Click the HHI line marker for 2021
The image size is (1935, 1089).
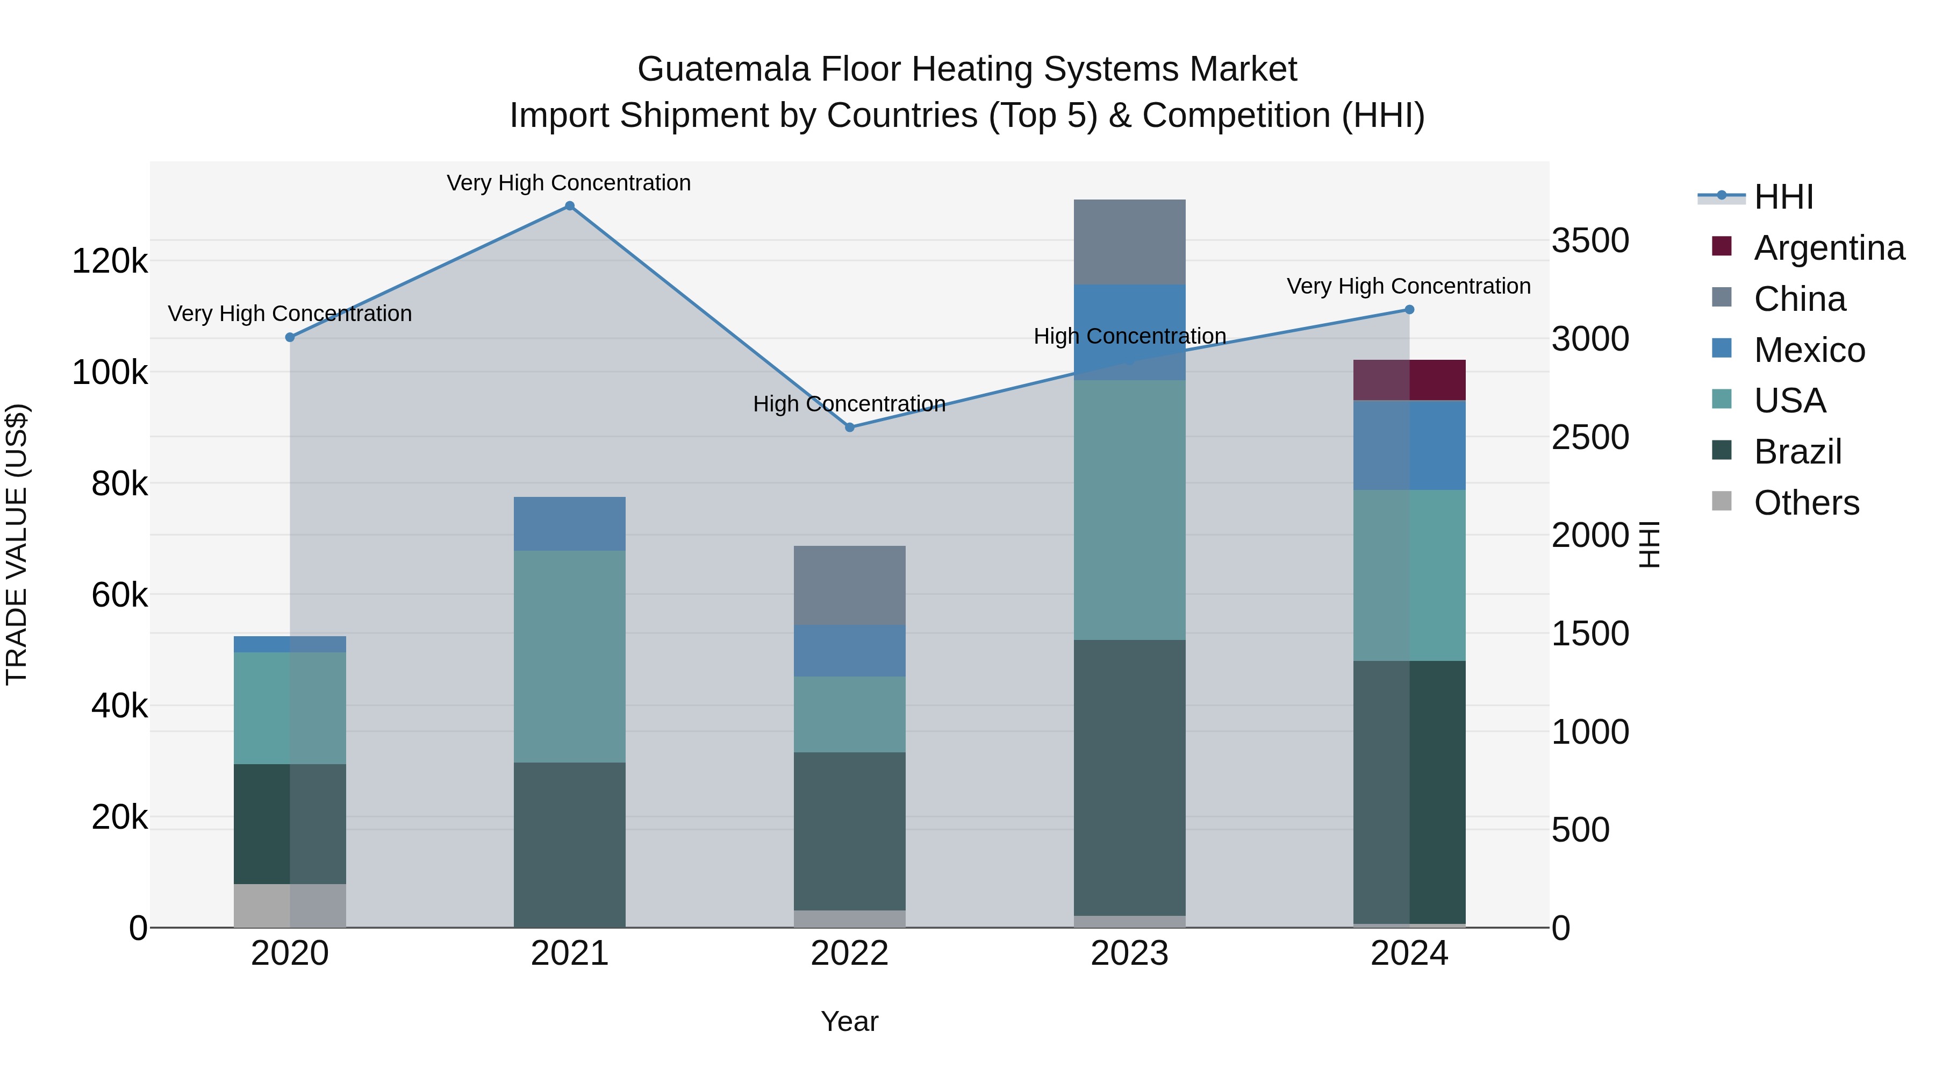[569, 206]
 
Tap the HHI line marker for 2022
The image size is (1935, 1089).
[850, 427]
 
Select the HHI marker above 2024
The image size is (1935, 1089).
[1409, 310]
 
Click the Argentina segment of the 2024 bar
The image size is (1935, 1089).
[1409, 380]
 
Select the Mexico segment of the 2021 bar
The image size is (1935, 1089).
[569, 524]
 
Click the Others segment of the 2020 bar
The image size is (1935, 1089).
[290, 905]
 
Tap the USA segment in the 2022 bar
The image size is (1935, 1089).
[850, 714]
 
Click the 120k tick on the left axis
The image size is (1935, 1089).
[110, 261]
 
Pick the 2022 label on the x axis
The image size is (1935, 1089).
[850, 953]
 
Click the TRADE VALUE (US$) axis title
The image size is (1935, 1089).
[17, 545]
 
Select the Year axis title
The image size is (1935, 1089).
[850, 1021]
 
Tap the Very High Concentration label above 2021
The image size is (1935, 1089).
[569, 183]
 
